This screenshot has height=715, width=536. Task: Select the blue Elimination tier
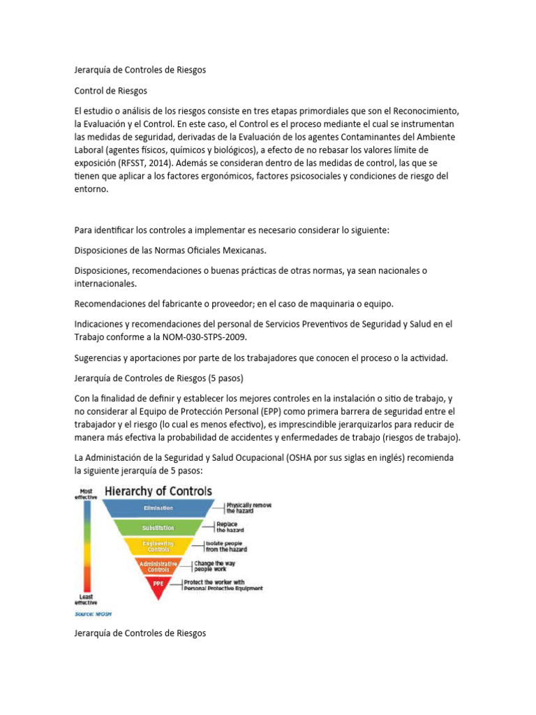click(158, 508)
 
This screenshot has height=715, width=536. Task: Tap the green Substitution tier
click(158, 527)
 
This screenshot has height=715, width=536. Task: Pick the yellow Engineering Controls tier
click(158, 546)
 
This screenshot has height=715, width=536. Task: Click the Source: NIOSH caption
click(93, 614)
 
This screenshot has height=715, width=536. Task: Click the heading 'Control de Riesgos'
click(110, 91)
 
